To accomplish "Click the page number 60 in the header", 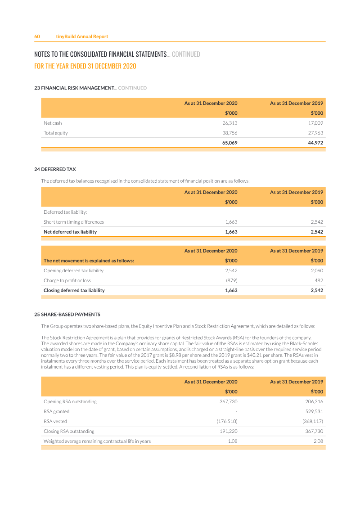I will coord(37,36).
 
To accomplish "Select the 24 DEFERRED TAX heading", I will coord(55,170).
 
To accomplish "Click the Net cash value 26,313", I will coord(229,123).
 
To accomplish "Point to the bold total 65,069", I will coord(229,143).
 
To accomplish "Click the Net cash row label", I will coord(53,123).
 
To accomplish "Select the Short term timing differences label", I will coord(74,222).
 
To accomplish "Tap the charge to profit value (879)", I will coord(231,280).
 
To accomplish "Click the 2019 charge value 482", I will coord(319,280).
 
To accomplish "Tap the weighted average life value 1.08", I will coord(233,441).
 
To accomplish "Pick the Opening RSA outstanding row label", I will coord(70,401).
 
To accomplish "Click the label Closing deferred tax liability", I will coord(74,290).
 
